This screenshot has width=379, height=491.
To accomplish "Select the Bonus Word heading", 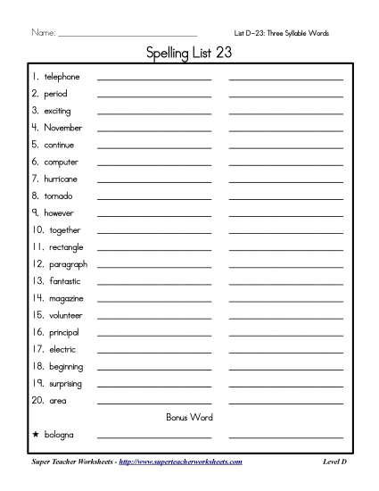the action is click(189, 417).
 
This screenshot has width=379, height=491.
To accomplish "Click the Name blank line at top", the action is click(127, 36).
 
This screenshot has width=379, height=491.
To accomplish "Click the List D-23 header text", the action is click(281, 33).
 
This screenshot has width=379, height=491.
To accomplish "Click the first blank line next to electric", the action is click(154, 351).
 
